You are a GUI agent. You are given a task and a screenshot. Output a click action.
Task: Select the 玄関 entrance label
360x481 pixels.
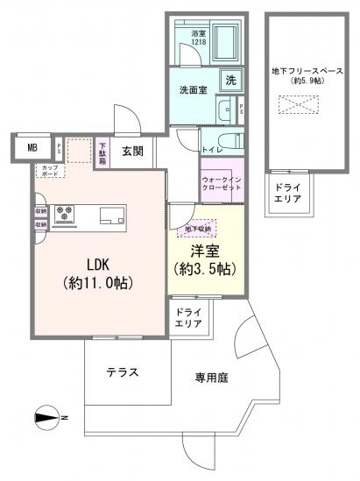coord(132,151)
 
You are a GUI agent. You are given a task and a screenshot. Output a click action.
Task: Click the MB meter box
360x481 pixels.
coord(32,148)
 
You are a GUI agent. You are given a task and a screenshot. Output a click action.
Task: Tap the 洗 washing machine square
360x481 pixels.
coord(230,80)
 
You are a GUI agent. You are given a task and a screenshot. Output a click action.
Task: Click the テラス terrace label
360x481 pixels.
coord(123,371)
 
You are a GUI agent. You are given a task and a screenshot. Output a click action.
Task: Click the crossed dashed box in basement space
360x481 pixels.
coord(293,104)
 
